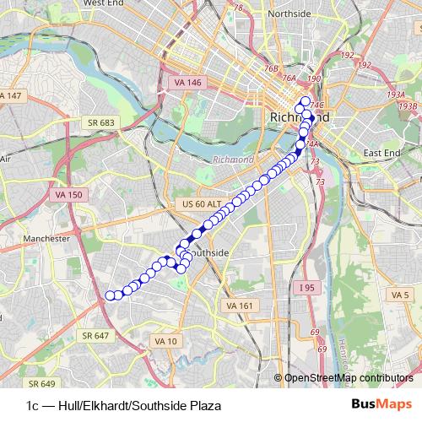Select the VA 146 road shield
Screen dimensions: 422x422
tap(187, 83)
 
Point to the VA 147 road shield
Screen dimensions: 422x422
tap(11, 95)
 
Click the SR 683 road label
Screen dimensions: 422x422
tap(100, 122)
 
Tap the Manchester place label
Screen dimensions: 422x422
tap(46, 239)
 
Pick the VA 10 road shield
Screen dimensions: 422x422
tap(165, 341)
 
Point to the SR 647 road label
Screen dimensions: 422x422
tap(97, 335)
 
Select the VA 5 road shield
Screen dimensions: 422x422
tap(399, 295)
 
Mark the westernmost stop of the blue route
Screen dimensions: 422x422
tap(110, 295)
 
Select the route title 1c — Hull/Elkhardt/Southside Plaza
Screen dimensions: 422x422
tap(124, 405)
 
